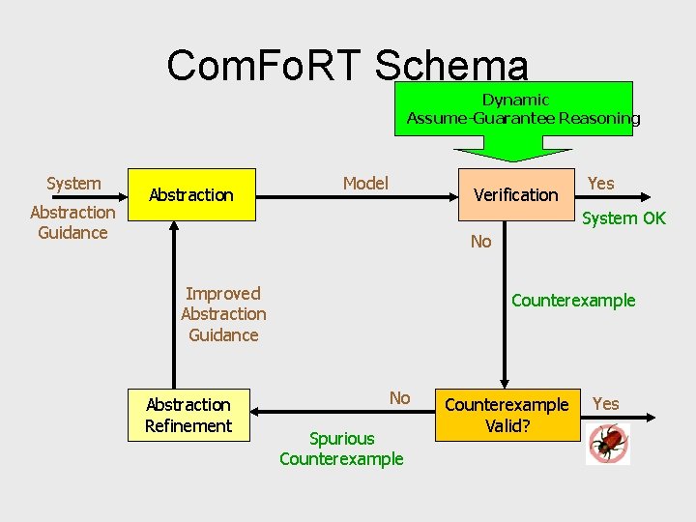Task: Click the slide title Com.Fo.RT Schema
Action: tap(348, 66)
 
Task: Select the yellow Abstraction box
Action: tap(190, 195)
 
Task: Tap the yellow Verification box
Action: tap(515, 195)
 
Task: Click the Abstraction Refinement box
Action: tap(188, 415)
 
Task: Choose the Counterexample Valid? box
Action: tap(507, 415)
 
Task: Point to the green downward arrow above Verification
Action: tap(512, 150)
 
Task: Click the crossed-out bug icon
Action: tap(608, 444)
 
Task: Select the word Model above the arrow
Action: tap(365, 184)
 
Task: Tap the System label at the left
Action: tap(73, 184)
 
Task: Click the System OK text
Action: tap(623, 218)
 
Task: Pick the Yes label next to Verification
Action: tap(601, 184)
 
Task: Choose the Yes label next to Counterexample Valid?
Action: tap(606, 404)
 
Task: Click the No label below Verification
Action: tap(480, 242)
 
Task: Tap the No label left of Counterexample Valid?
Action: tap(399, 398)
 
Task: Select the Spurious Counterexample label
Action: tap(341, 449)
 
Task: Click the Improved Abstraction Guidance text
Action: tap(223, 314)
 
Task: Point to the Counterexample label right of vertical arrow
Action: tap(573, 301)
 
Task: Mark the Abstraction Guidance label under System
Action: tap(72, 222)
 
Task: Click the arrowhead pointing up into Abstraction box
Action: tap(174, 227)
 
